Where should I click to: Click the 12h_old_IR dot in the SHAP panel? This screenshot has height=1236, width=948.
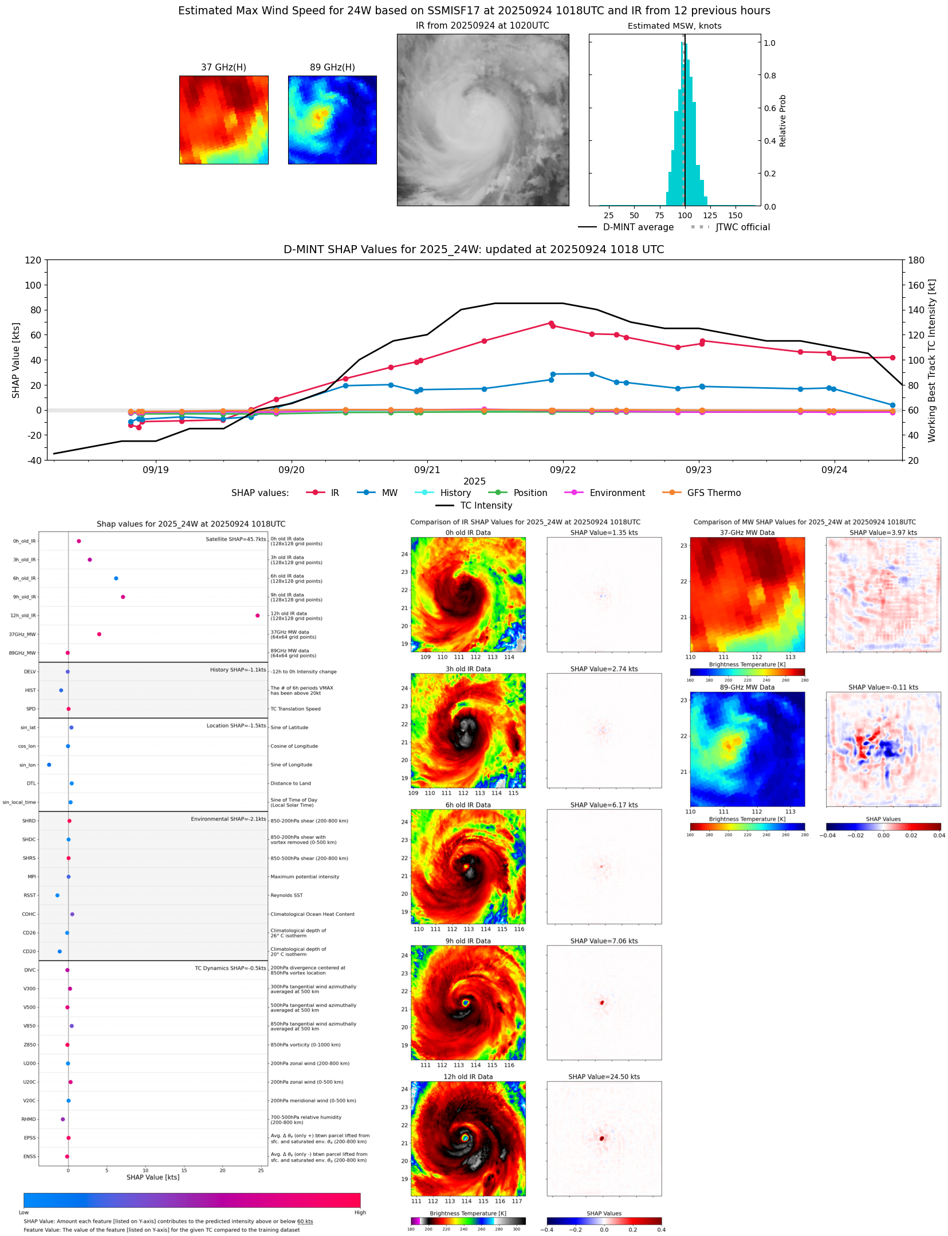click(x=257, y=615)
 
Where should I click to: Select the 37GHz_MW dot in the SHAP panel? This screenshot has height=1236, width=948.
click(x=99, y=634)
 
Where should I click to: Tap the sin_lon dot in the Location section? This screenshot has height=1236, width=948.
click(x=49, y=765)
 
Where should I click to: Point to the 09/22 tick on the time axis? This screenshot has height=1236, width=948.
click(x=562, y=470)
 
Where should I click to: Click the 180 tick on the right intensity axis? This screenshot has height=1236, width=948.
click(x=916, y=260)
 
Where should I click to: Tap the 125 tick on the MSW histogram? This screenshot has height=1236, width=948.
click(x=710, y=215)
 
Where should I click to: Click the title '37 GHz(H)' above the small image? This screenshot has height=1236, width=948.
click(x=223, y=67)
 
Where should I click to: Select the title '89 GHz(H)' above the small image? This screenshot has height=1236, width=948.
click(x=332, y=67)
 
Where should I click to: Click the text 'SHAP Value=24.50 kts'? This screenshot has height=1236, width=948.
click(x=604, y=1077)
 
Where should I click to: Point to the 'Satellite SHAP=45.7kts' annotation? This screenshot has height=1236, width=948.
click(x=235, y=539)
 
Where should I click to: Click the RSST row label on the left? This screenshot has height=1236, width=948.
click(x=30, y=895)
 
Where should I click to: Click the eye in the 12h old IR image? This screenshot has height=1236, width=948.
click(x=465, y=1138)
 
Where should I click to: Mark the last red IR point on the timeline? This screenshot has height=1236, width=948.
click(x=892, y=357)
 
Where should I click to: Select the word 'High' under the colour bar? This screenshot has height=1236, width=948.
click(x=360, y=1212)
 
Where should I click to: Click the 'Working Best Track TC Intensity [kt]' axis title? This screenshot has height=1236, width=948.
click(x=931, y=360)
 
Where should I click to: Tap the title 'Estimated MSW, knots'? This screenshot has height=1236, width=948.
click(x=674, y=26)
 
